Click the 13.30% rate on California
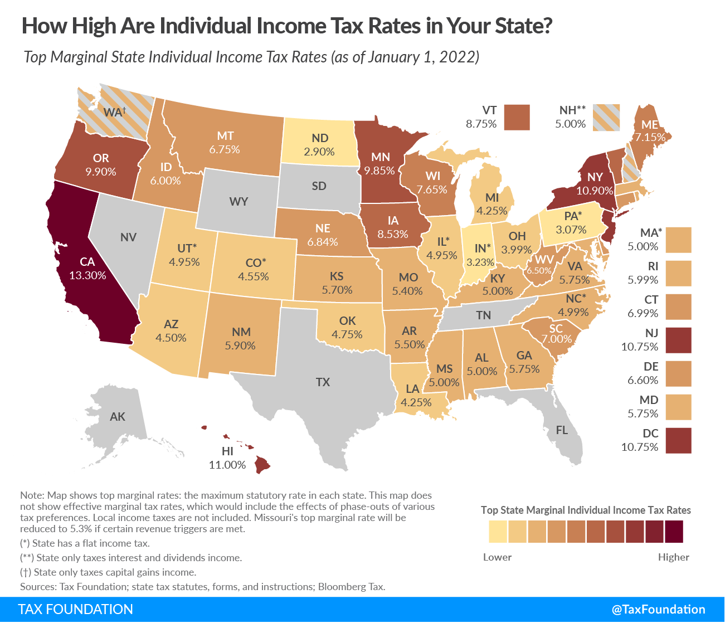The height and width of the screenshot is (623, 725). [87, 275]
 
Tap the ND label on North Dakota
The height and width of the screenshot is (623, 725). [320, 138]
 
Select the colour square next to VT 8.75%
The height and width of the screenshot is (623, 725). [517, 118]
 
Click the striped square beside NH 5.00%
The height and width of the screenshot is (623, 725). [606, 118]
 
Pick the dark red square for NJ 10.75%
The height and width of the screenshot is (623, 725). [678, 340]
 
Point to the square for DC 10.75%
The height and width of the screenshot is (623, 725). [678, 441]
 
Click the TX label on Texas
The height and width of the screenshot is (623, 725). [323, 382]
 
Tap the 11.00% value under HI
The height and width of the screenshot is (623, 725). [227, 465]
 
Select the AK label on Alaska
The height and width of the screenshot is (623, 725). [118, 417]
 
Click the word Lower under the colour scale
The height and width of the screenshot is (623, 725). [497, 557]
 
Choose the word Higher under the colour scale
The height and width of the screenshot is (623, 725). [673, 557]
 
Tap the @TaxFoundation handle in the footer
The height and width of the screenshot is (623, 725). [658, 610]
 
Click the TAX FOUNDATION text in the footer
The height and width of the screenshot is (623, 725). [76, 610]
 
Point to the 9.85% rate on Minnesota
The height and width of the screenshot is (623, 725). [379, 171]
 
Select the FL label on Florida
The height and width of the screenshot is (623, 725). [562, 430]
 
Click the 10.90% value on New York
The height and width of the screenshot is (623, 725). [595, 191]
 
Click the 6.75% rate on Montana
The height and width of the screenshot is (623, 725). [225, 149]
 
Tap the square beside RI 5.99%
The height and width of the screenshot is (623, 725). [678, 274]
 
